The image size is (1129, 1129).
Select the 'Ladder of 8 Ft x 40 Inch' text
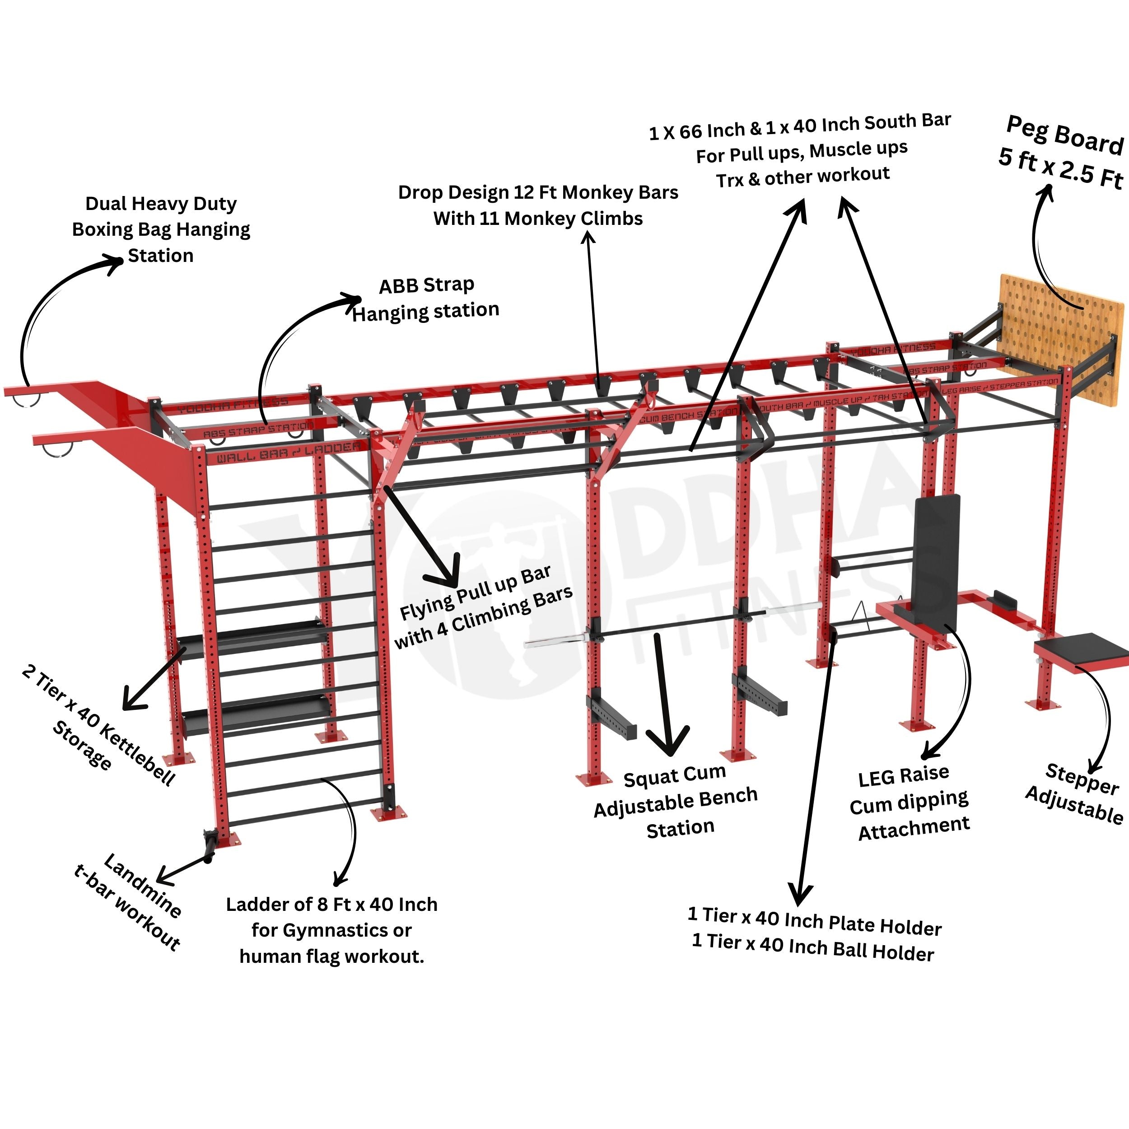tap(331, 905)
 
